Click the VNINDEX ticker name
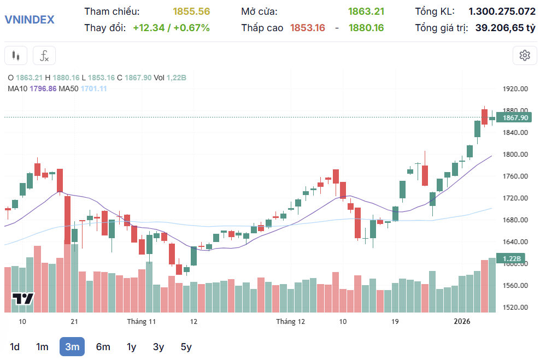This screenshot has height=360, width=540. (30, 20)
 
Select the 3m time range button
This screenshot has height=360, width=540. (72, 346)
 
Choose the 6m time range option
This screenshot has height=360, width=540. (103, 346)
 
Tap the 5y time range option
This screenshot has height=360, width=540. (186, 346)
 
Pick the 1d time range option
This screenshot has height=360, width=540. (15, 346)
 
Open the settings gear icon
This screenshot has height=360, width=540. (525, 55)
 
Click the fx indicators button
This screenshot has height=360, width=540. (44, 55)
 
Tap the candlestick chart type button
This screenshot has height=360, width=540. (16, 55)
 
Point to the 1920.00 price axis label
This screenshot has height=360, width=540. (515, 89)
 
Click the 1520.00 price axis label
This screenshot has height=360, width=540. (515, 308)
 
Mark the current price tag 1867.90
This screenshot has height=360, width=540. (514, 117)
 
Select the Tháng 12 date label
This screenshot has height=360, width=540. (290, 322)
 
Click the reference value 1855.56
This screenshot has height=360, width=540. (191, 11)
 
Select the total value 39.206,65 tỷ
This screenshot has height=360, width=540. (505, 28)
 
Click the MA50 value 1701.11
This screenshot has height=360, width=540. (94, 88)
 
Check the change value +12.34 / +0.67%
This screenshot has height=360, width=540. (171, 28)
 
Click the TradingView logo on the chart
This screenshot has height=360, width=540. (23, 299)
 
